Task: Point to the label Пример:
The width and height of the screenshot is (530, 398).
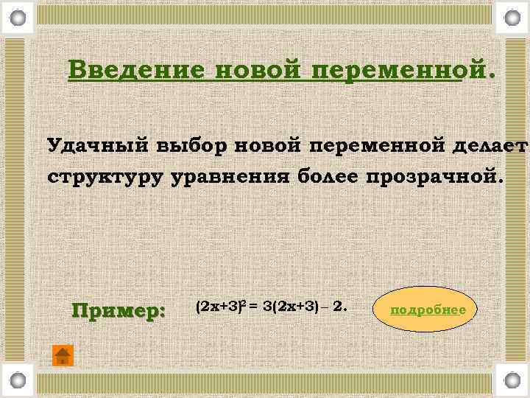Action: (x=119, y=310)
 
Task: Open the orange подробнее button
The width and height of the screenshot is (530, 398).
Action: (x=428, y=310)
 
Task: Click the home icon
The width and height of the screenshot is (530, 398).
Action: (x=63, y=355)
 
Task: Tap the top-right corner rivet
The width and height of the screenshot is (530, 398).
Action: (x=512, y=16)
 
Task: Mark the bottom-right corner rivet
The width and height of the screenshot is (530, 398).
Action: (x=512, y=381)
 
